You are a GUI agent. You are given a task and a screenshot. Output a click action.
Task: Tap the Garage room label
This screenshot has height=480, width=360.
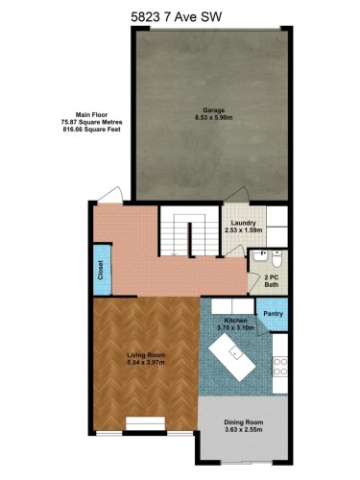pyautogui.click(x=212, y=109)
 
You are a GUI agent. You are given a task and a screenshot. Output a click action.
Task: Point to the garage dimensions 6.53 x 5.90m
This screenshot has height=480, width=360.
pyautogui.click(x=212, y=119)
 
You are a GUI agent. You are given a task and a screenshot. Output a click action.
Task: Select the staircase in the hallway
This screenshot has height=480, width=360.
pyautogui.click(x=187, y=236)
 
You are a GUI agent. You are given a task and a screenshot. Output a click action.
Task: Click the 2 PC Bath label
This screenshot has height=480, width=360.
pyautogui.click(x=272, y=279)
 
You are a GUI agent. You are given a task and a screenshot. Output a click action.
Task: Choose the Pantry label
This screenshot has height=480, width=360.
pyautogui.click(x=273, y=312)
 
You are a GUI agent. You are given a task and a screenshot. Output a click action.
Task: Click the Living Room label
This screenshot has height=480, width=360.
pyautogui.click(x=147, y=355)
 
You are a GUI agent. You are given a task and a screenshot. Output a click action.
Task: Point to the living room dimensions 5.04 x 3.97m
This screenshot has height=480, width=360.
pyautogui.click(x=147, y=364)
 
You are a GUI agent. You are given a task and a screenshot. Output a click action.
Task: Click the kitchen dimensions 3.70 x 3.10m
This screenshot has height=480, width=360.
pyautogui.click(x=236, y=327)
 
